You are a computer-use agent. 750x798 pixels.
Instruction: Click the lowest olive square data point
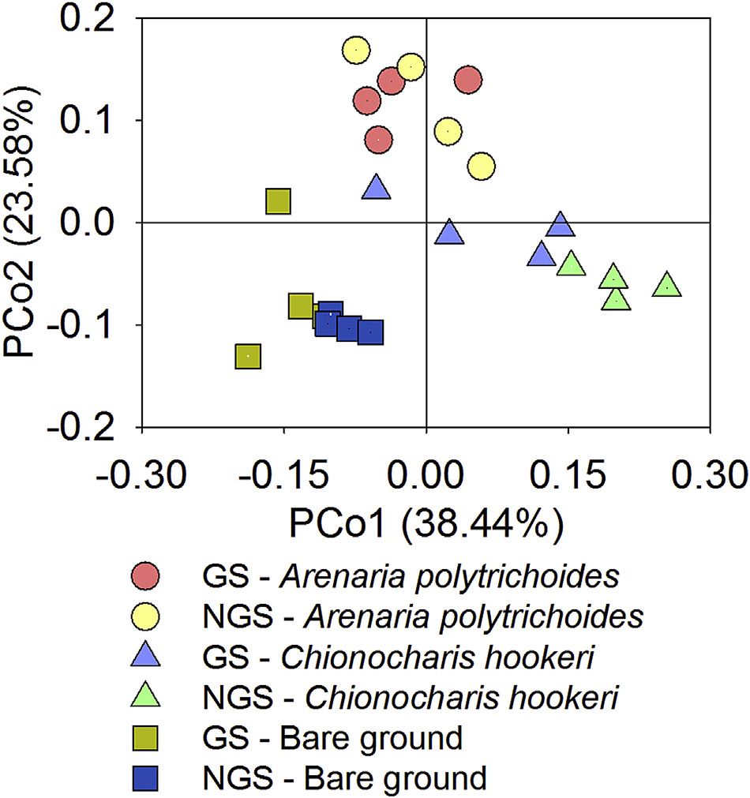[248, 356]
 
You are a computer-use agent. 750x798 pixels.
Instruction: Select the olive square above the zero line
[278, 202]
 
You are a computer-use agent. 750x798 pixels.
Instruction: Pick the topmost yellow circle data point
[356, 50]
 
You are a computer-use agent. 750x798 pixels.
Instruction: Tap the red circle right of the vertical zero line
[468, 80]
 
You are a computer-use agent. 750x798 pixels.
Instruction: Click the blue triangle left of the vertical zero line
[377, 187]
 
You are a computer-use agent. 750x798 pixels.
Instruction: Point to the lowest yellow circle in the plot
[482, 167]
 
